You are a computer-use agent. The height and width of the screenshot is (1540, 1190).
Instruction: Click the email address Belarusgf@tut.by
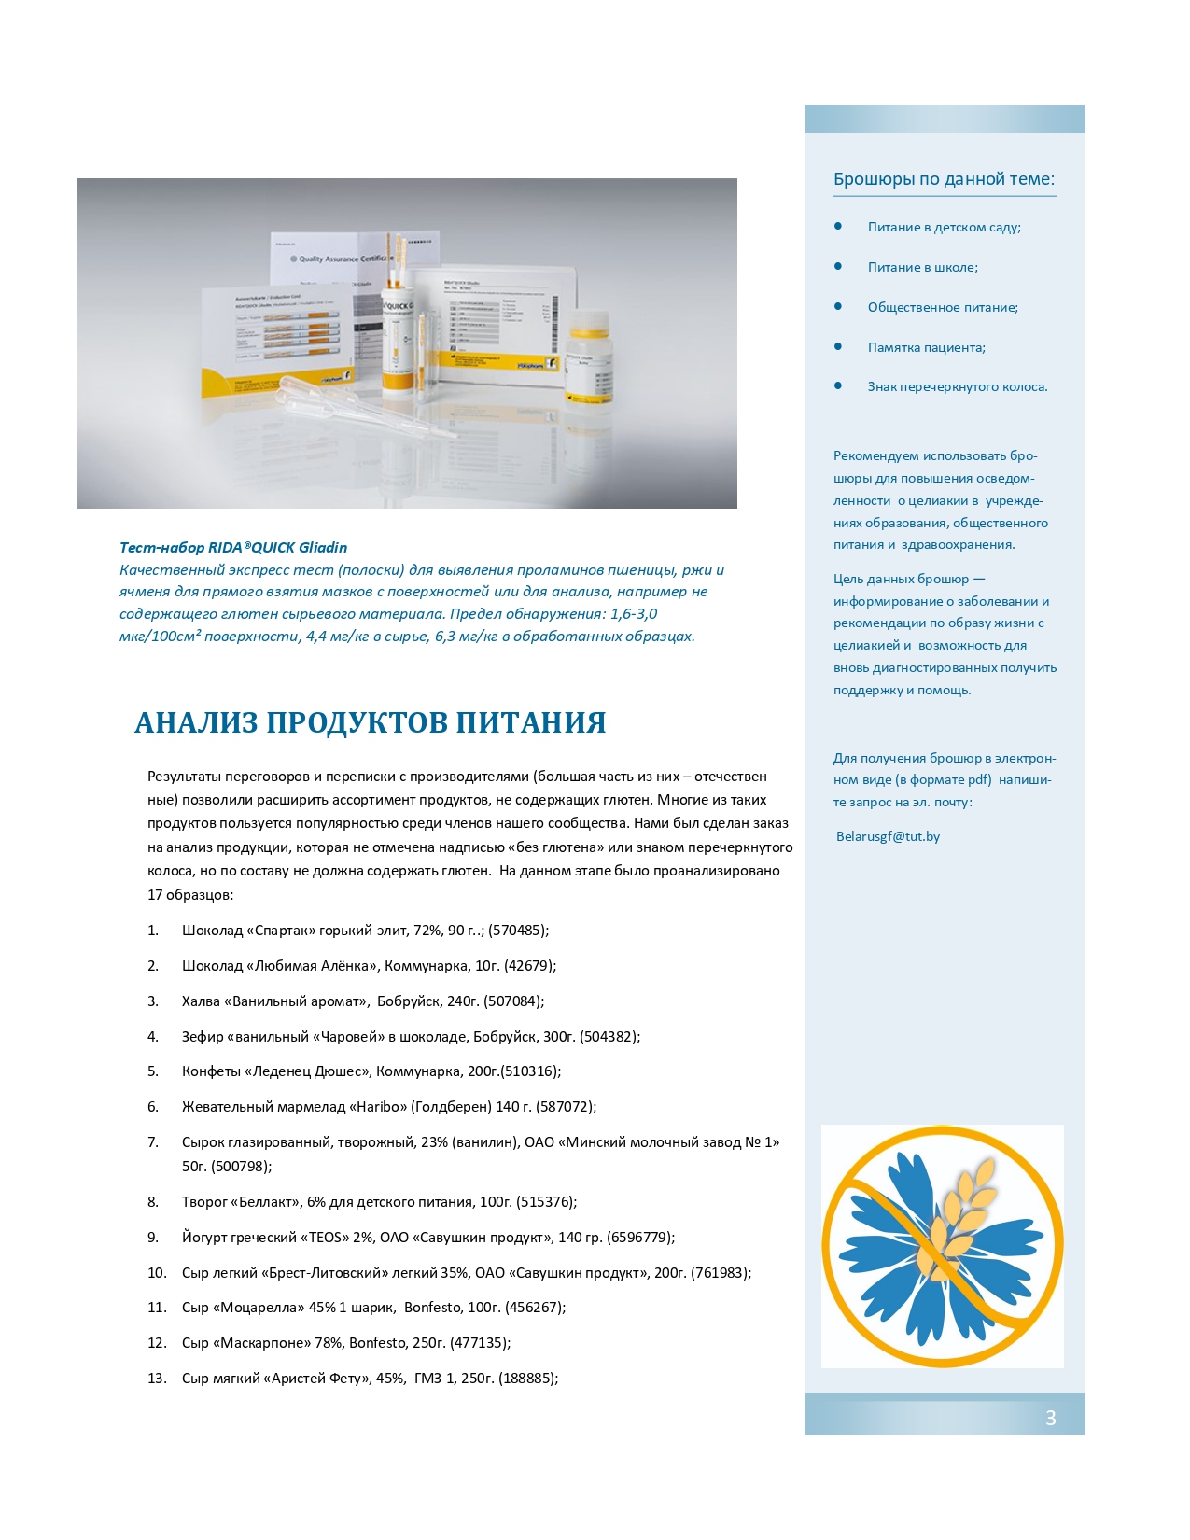pos(888,836)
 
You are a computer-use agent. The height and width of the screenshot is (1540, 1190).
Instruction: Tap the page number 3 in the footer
pos(1050,1418)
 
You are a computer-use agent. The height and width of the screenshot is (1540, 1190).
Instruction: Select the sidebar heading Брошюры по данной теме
pos(944,179)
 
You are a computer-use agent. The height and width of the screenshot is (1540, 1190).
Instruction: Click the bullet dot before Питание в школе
pos(838,266)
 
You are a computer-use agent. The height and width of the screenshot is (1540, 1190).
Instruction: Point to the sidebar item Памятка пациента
pos(926,347)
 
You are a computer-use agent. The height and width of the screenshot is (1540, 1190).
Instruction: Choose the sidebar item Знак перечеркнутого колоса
pos(957,386)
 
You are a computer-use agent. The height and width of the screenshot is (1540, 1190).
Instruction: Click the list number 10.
pos(157,1273)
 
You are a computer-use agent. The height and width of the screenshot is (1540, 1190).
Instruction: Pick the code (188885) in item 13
pos(527,1379)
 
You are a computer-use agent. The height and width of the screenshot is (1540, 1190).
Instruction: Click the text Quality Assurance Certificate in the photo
pos(345,259)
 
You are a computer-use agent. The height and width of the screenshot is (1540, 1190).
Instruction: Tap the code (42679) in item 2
pos(529,966)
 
